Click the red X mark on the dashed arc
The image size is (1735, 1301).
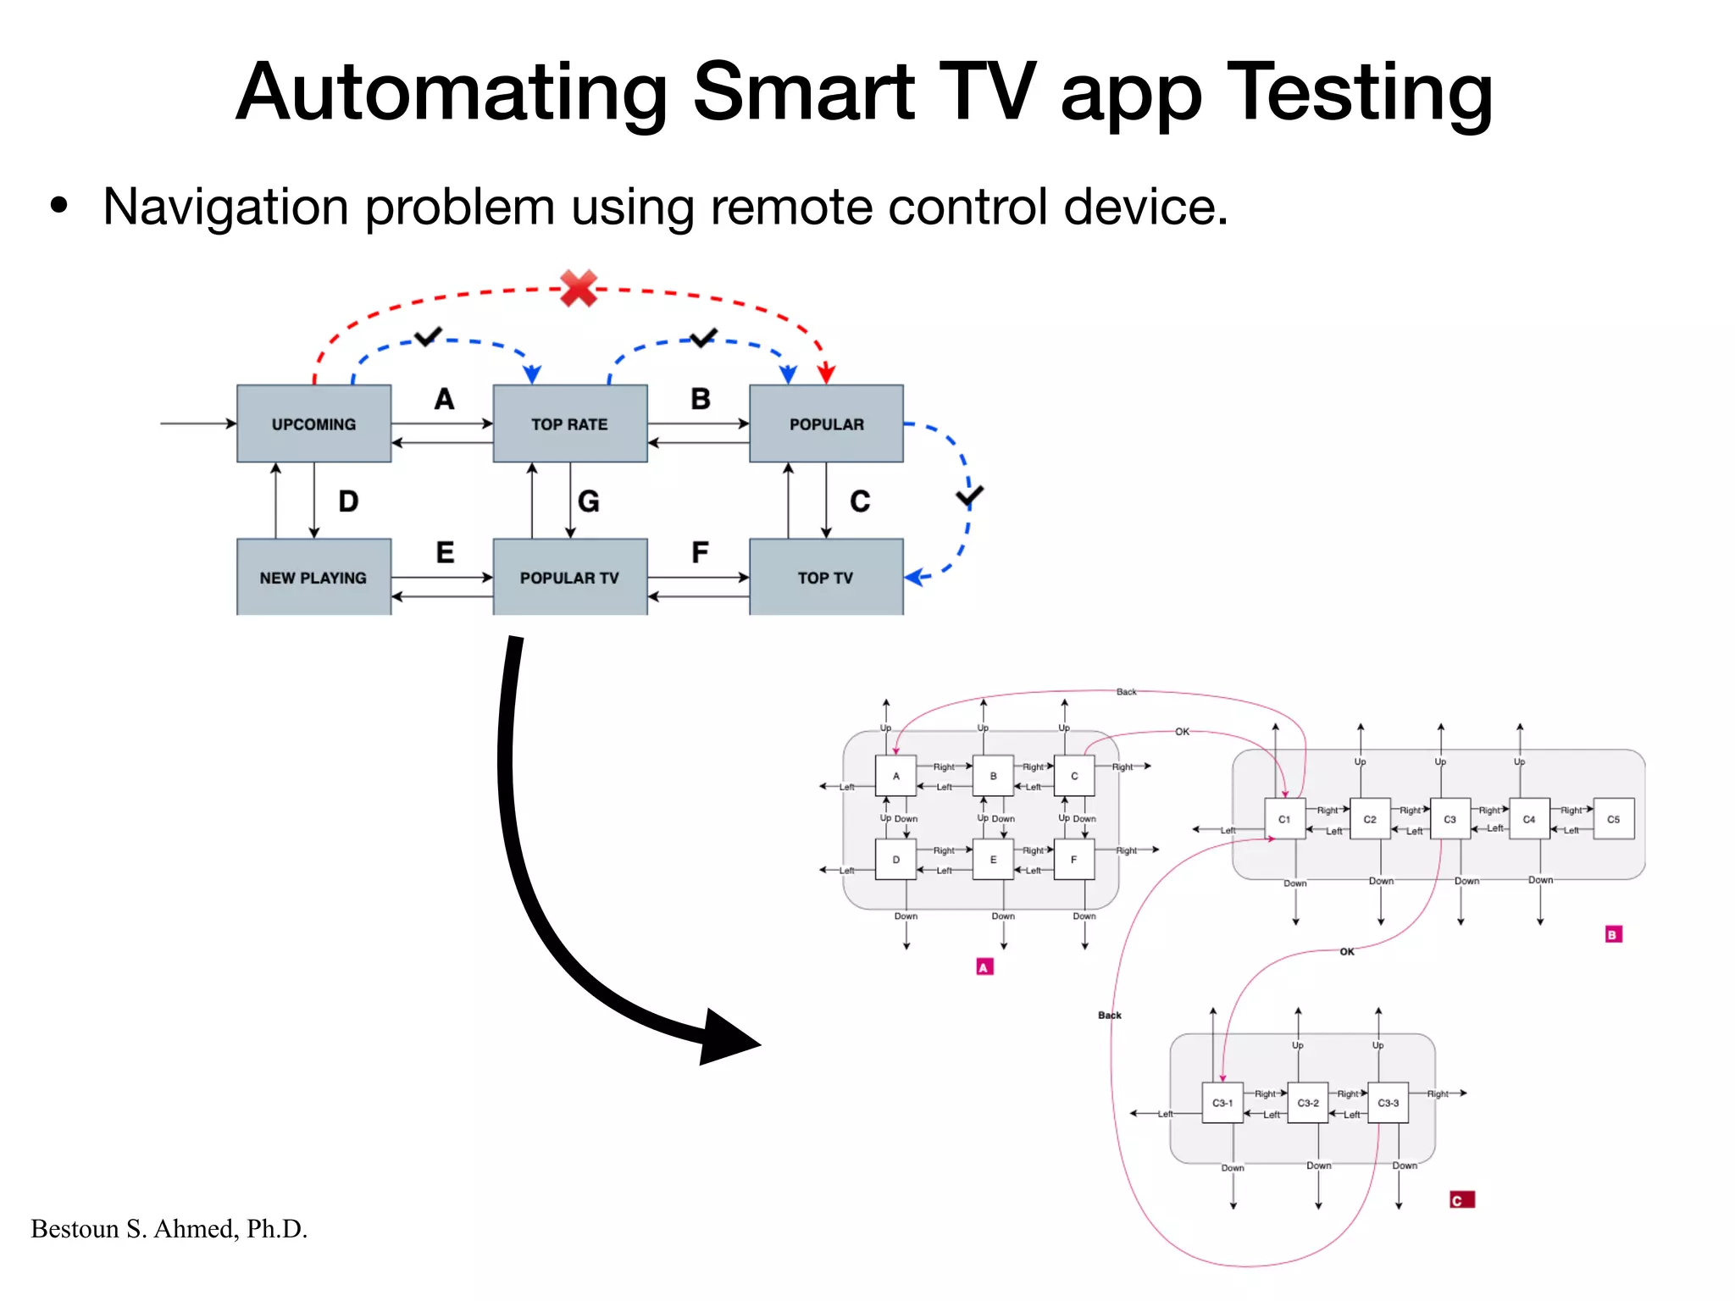coord(579,289)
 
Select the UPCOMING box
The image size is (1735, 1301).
coord(313,424)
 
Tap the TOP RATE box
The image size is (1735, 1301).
coord(569,424)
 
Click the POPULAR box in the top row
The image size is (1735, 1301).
coord(826,424)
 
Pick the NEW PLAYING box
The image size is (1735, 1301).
coord(313,577)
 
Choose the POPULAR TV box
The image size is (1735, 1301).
coord(569,577)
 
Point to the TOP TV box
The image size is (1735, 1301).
coord(826,577)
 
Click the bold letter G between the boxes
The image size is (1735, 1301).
coord(589,501)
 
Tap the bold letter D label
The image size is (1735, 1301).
coord(348,501)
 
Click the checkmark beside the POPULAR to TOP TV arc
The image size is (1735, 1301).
coord(969,495)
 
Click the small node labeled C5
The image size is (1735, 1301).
coord(1613,819)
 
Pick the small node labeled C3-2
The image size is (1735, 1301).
coord(1307,1103)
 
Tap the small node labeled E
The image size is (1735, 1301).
coord(993,860)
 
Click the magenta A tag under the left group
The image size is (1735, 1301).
coord(984,967)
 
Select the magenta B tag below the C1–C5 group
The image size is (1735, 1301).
coord(1613,934)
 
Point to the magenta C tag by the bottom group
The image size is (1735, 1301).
coord(1461,1200)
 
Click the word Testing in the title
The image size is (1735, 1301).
coord(1359,93)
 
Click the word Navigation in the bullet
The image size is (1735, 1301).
coord(225,207)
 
